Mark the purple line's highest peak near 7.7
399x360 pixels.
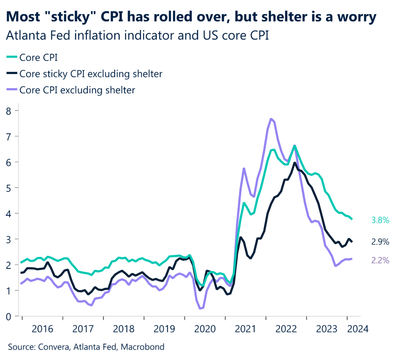pos(271,119)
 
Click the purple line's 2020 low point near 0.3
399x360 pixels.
pos(201,309)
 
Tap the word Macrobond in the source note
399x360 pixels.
pos(148,346)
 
